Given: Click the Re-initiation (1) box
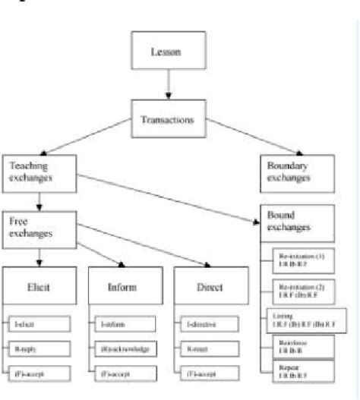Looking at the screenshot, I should (x=302, y=263).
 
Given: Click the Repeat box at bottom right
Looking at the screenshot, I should (x=302, y=372).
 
